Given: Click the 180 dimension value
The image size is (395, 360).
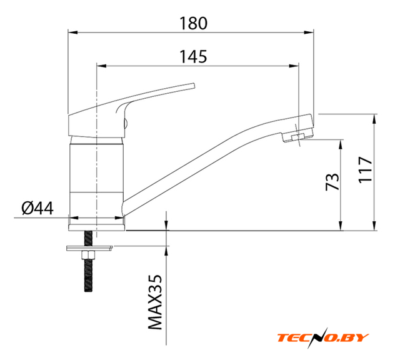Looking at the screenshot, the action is tap(193, 23).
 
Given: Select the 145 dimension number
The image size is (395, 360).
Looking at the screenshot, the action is tap(193, 57).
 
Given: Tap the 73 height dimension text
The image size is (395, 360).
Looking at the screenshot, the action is tap(332, 181).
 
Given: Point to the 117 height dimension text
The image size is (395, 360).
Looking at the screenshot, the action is tap(365, 169).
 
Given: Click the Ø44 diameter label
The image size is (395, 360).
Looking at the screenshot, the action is tap(37, 208).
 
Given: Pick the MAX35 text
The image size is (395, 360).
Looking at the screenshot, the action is tap(154, 302).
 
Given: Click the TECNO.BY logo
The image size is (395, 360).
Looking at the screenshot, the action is tap(323, 337).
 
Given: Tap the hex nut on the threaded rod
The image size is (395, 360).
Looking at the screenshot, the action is tap(88, 255).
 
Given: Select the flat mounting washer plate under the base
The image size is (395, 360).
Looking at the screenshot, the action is tap(89, 248).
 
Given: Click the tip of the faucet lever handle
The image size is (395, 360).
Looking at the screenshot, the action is tap(194, 86).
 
